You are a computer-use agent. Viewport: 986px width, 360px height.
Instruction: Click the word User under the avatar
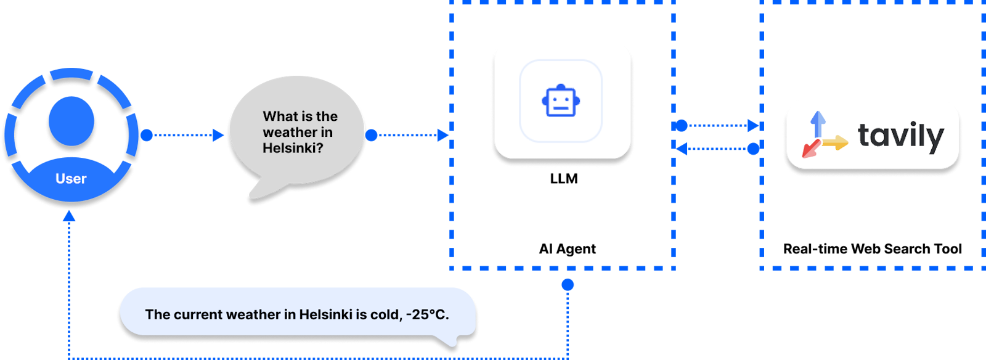point(71,179)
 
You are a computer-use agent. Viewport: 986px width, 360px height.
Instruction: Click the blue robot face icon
point(561,101)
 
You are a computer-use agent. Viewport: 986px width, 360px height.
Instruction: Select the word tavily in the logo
point(900,136)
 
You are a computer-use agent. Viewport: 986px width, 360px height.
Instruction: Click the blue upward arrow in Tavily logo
point(818,123)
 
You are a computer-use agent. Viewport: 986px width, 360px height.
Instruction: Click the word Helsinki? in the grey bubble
point(293,148)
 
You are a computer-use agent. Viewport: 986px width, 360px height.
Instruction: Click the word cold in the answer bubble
point(385,314)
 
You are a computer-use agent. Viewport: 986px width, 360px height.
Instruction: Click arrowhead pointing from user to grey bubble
point(218,135)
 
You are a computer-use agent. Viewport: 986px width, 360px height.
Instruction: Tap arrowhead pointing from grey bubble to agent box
point(442,135)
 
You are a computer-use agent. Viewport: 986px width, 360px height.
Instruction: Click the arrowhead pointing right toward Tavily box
point(753,126)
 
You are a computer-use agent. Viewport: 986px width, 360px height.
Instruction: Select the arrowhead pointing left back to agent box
point(682,149)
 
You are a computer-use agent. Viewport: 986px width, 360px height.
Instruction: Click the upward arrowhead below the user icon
point(69,216)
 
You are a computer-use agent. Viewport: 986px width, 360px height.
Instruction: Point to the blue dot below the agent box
point(568,284)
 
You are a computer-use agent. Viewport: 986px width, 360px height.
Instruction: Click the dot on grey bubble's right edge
point(371,135)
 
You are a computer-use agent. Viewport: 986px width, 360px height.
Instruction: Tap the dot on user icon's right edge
point(147,135)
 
